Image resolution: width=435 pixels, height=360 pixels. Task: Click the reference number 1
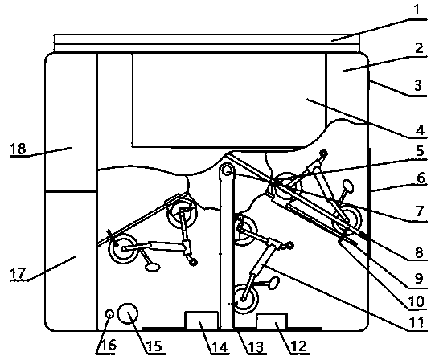pyautogui.click(x=417, y=10)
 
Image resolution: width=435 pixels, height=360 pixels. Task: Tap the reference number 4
pyautogui.click(x=420, y=130)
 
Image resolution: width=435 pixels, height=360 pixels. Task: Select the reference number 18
pyautogui.click(x=18, y=149)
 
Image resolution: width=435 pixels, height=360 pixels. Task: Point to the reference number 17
pyautogui.click(x=18, y=273)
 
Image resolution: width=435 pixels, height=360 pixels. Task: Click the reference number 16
pyautogui.click(x=108, y=346)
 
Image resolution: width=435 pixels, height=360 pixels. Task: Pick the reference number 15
pyautogui.click(x=154, y=346)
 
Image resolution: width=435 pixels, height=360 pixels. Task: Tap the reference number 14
pyautogui.click(x=220, y=346)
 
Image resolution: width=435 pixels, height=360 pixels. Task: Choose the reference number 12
pyautogui.click(x=298, y=346)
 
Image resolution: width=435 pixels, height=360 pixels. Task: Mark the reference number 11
pyautogui.click(x=417, y=322)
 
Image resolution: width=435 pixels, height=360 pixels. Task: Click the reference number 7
pyautogui.click(x=420, y=211)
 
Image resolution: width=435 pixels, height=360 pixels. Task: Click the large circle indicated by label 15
pyautogui.click(x=128, y=313)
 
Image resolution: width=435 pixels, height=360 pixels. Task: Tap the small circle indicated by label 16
pyautogui.click(x=109, y=314)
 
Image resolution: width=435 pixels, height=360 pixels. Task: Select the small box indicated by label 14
pyautogui.click(x=201, y=321)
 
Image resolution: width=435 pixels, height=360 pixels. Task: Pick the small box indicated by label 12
pyautogui.click(x=272, y=321)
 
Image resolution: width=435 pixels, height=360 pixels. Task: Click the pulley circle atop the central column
pyautogui.click(x=228, y=169)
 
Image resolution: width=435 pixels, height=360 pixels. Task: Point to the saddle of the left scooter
pyautogui.click(x=153, y=268)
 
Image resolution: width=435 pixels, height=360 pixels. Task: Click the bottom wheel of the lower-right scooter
pyautogui.click(x=246, y=299)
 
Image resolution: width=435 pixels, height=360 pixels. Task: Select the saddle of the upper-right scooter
pyautogui.click(x=348, y=186)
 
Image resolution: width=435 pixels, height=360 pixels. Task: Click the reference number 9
pyautogui.click(x=419, y=278)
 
